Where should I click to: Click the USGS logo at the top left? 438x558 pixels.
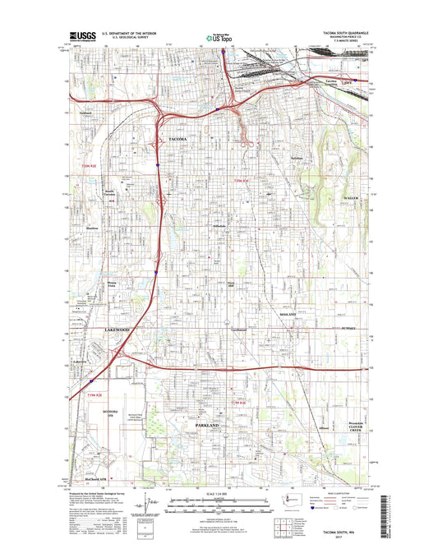coord(83,36)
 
